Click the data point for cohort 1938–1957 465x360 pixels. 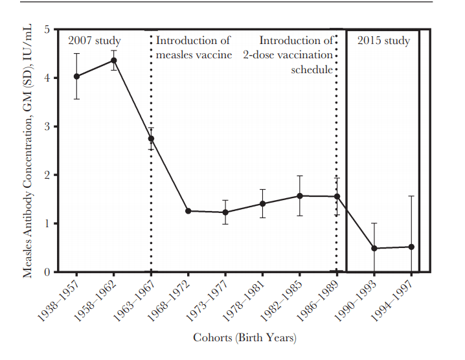pyautogui.click(x=76, y=76)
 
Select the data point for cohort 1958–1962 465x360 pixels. pyautogui.click(x=114, y=60)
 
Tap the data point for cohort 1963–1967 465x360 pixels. pyautogui.click(x=151, y=139)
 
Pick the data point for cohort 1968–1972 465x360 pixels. pyautogui.click(x=188, y=211)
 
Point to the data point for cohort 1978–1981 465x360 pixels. pyautogui.click(x=262, y=203)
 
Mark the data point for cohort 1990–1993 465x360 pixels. pyautogui.click(x=374, y=248)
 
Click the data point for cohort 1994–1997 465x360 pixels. pyautogui.click(x=411, y=247)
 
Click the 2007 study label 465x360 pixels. pyautogui.click(x=95, y=41)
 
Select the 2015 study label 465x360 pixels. pyautogui.click(x=384, y=41)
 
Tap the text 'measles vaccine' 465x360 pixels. pyautogui.click(x=194, y=55)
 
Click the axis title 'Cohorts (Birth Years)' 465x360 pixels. pyautogui.click(x=244, y=337)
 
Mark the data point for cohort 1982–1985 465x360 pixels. pyautogui.click(x=299, y=196)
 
